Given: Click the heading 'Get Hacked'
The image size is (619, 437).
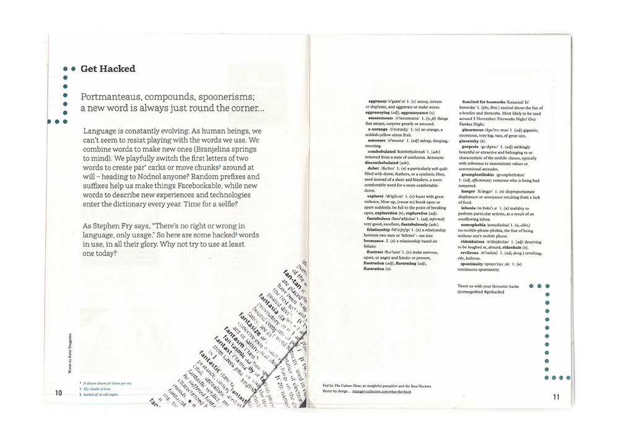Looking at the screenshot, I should click(x=108, y=69).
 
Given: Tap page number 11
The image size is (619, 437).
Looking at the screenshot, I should click(x=556, y=397).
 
